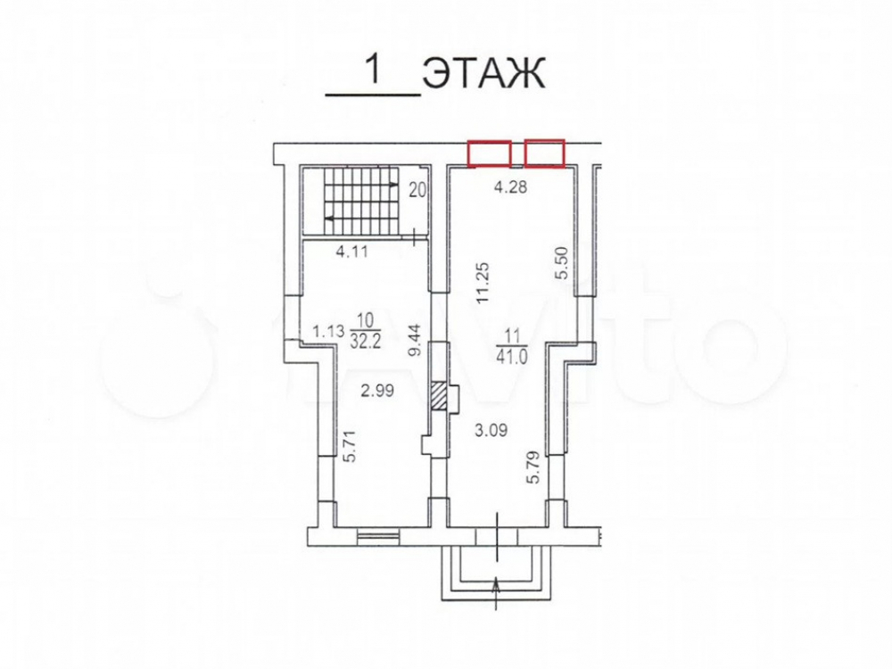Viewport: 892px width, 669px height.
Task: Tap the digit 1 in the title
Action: click(x=373, y=70)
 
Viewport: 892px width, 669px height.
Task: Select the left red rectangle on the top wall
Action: click(x=489, y=153)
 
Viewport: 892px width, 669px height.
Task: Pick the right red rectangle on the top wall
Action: click(x=544, y=153)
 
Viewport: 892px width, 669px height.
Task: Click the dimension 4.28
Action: click(x=510, y=186)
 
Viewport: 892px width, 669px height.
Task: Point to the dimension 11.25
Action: click(x=483, y=283)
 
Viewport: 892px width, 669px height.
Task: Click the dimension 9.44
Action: click(x=417, y=340)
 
